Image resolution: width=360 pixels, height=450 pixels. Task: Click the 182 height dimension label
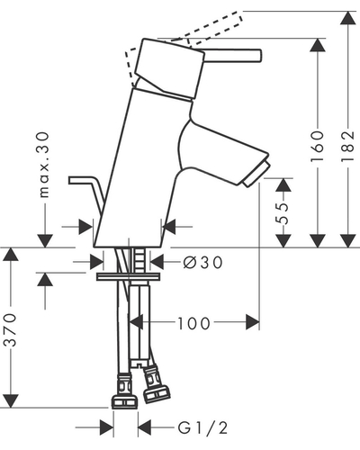coord(347,146)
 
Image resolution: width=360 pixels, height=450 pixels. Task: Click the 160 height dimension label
coord(318,146)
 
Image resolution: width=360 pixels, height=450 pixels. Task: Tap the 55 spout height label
coord(283,213)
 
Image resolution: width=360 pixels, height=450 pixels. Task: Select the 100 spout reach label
coord(194,323)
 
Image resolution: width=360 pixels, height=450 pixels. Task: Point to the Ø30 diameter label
coord(202,263)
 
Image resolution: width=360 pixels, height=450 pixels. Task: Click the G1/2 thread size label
coord(203,427)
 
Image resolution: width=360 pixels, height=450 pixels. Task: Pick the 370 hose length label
coord(11,329)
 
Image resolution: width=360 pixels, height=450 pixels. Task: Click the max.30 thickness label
coord(44,165)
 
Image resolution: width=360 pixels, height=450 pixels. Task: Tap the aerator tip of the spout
coord(256,175)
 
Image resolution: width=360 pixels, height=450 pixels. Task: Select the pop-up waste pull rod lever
coord(87,192)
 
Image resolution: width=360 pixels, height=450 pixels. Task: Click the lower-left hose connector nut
coord(124,402)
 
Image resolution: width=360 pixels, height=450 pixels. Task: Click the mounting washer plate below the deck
coord(128,276)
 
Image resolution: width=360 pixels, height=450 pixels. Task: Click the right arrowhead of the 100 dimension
coord(253,322)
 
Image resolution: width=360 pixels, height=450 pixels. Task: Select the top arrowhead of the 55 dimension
coord(283,184)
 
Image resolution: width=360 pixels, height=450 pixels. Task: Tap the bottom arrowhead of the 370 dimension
coord(11,400)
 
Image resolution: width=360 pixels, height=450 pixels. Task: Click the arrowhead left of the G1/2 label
coord(107,427)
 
